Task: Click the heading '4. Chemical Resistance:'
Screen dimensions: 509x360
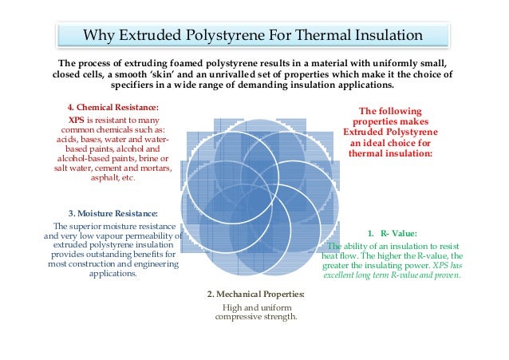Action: (x=112, y=107)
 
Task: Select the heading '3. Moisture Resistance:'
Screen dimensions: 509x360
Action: (x=112, y=213)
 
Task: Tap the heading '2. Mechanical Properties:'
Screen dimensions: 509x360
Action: (x=255, y=296)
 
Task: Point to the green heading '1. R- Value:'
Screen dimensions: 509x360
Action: (x=392, y=234)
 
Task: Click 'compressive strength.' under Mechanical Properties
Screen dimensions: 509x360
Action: (x=255, y=317)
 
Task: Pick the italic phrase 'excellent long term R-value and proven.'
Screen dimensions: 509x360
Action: (x=391, y=275)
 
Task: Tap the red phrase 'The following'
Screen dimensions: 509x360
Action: (x=390, y=111)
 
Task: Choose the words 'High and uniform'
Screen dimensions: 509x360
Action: (x=255, y=307)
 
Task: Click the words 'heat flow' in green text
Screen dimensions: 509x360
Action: (x=341, y=255)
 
